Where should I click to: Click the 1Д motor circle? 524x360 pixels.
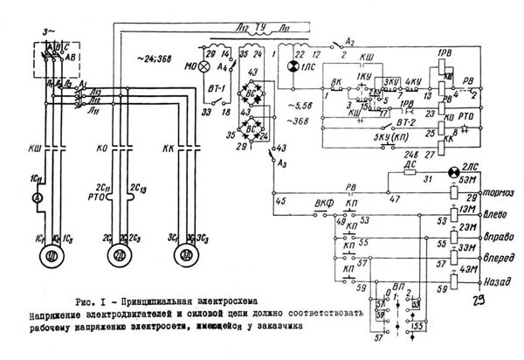point(52,257)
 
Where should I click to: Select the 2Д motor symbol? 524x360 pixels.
point(120,257)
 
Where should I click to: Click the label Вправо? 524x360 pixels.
point(495,238)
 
